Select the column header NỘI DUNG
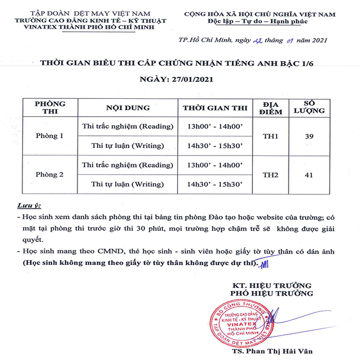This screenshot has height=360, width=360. pyautogui.click(x=128, y=108)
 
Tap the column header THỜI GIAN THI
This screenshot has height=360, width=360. pyautogui.click(x=215, y=108)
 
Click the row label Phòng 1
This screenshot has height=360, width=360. pyautogui.click(x=49, y=136)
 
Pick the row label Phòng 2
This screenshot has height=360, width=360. pyautogui.click(x=49, y=175)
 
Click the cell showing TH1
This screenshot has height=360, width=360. pyautogui.click(x=270, y=136)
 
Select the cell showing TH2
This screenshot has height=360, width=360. pyautogui.click(x=270, y=175)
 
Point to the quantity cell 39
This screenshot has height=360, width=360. pyautogui.click(x=309, y=136)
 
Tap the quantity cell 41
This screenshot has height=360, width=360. pyautogui.click(x=309, y=175)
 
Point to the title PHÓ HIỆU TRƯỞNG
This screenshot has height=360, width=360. pyautogui.click(x=272, y=293)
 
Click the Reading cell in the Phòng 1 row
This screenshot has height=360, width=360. pyautogui.click(x=128, y=126)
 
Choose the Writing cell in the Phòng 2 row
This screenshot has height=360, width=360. pyautogui.click(x=128, y=184)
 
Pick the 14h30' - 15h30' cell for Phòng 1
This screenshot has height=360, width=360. pyautogui.click(x=215, y=145)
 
